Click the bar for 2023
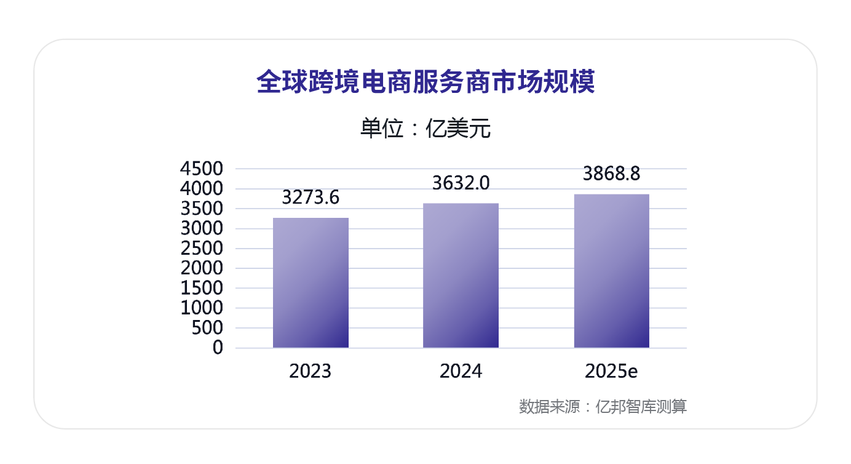pos(311,283)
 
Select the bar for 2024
pos(461,276)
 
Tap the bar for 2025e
pos(611,271)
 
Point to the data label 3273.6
pos(311,198)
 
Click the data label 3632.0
pos(461,183)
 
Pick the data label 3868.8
pos(611,174)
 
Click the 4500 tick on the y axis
pos(201,169)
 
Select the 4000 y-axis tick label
pos(201,189)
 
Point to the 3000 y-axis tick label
pos(201,228)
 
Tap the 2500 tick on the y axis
pos(201,249)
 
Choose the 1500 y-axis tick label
pos(201,288)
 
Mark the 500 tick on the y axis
pos(208,328)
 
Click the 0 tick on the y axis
pos(218,348)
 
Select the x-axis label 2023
pos(311,372)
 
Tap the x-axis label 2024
pos(461,372)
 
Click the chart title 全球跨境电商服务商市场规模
pos(425,82)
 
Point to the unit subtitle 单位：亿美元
pos(425,129)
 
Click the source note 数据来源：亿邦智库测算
pos(603,407)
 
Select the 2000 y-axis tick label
pos(201,268)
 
